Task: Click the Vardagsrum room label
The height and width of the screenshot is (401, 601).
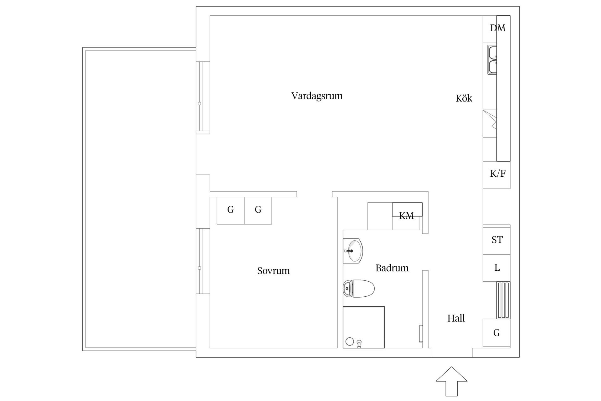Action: click(x=317, y=96)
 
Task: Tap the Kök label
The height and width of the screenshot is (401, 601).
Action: click(x=464, y=98)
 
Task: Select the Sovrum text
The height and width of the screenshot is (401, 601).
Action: click(x=273, y=271)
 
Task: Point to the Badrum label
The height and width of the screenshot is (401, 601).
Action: click(x=392, y=268)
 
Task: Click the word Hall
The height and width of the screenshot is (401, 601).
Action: click(x=456, y=319)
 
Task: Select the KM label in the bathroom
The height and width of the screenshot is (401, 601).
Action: click(x=407, y=216)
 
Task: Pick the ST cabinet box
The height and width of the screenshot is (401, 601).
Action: click(x=497, y=240)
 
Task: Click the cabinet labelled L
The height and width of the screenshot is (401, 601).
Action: click(x=497, y=268)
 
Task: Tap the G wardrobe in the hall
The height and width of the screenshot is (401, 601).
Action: click(x=497, y=333)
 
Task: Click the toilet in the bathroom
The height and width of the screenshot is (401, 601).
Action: click(x=359, y=289)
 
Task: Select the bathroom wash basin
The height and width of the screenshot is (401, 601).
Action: click(x=353, y=251)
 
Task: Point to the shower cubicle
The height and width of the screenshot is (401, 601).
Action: click(x=364, y=327)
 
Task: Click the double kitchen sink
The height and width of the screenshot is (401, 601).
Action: click(x=492, y=60)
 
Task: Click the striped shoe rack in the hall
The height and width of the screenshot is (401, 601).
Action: click(x=503, y=300)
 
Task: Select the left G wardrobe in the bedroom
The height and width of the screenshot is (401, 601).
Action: click(x=231, y=210)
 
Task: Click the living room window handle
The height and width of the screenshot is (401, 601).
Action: click(x=199, y=103)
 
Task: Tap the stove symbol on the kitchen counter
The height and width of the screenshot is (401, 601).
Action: click(x=490, y=123)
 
